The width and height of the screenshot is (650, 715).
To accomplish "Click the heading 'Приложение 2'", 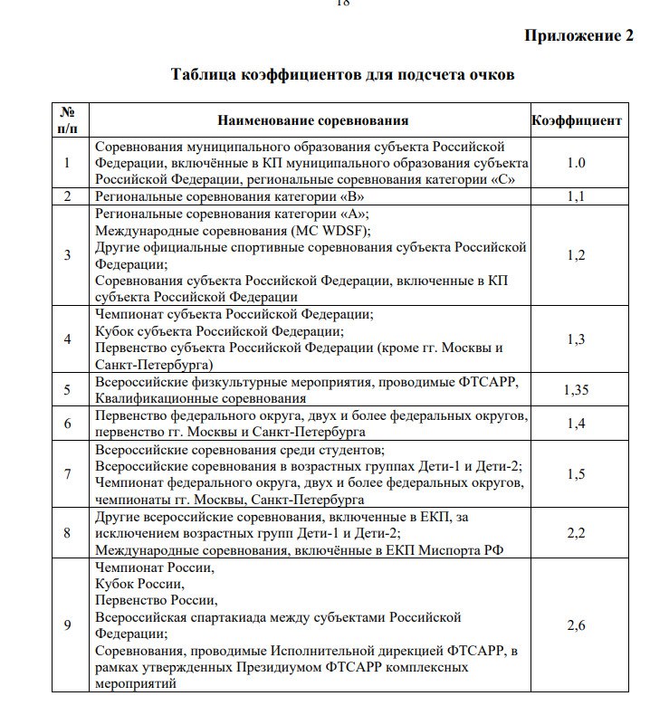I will [x=579, y=36].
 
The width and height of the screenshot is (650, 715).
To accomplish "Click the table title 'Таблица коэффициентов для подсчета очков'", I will [x=343, y=74].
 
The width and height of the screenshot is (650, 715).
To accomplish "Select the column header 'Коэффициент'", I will [x=576, y=119].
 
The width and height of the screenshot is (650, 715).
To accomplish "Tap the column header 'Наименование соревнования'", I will [x=312, y=119].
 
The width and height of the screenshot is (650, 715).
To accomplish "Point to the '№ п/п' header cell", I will [x=67, y=119].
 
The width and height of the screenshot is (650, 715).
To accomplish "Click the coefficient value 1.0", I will [x=576, y=163].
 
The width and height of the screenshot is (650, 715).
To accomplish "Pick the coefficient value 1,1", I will [x=576, y=195].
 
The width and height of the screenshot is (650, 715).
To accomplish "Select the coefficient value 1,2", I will [x=576, y=254].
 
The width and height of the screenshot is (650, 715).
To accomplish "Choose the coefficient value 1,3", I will [x=576, y=338].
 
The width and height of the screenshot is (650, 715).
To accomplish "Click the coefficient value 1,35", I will [x=576, y=389].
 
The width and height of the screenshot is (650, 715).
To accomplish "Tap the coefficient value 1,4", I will [x=576, y=423].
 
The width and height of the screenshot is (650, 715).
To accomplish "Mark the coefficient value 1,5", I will [x=576, y=473].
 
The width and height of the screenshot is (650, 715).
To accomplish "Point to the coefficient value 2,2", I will [x=576, y=533].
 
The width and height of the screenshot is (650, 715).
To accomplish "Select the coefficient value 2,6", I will [x=576, y=625].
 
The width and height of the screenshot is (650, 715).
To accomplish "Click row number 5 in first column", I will [x=67, y=389].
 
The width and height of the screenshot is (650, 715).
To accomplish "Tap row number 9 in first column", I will [x=67, y=625].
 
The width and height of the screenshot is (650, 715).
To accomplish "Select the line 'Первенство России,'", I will [x=156, y=600].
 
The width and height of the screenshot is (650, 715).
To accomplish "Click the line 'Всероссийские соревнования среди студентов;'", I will [x=240, y=449].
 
